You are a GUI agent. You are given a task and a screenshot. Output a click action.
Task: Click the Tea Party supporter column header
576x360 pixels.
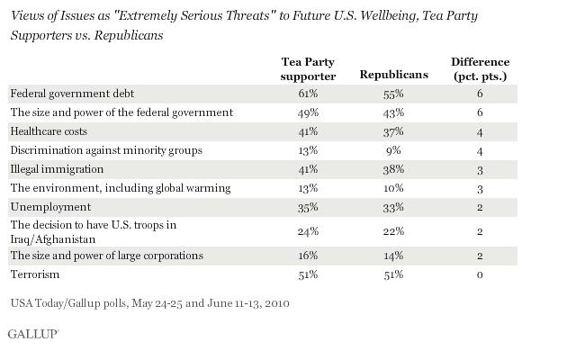point(308,69)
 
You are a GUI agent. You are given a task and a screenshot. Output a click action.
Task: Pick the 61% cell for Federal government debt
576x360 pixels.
point(308,94)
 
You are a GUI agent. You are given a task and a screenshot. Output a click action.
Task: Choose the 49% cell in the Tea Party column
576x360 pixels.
point(308,112)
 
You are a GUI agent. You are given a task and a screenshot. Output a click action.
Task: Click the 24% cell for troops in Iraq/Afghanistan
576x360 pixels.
point(308,230)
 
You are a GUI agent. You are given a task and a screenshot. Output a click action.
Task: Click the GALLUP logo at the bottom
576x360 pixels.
point(33,334)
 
